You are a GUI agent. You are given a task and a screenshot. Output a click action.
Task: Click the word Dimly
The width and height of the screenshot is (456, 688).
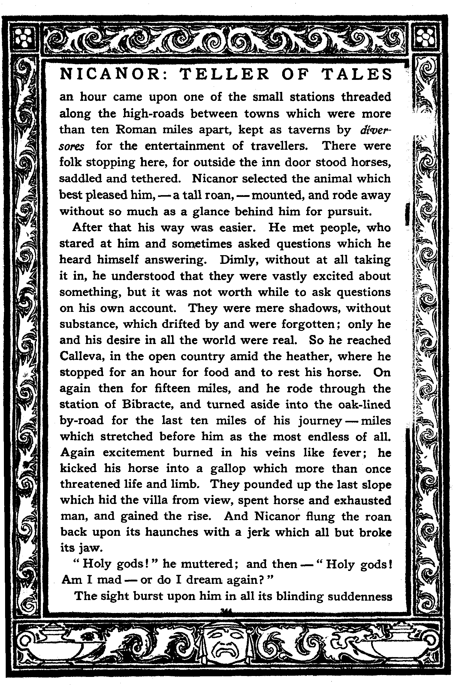[238, 260]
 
